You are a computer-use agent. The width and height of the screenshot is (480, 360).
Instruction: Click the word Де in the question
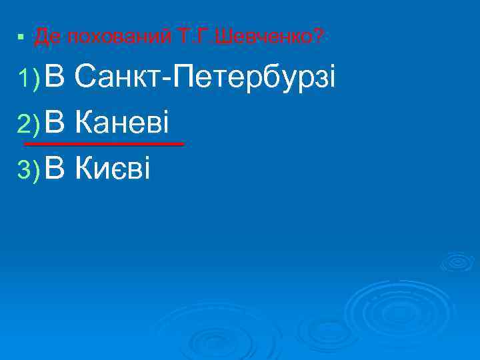click(x=46, y=37)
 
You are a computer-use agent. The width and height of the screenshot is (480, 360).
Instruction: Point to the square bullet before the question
click(x=22, y=37)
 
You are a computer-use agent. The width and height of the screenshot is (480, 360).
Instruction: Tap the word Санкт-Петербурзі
click(x=206, y=79)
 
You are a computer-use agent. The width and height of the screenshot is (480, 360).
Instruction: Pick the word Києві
click(x=113, y=169)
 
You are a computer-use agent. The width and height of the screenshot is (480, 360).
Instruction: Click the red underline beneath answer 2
click(x=103, y=144)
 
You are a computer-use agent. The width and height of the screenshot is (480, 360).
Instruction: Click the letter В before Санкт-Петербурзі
click(x=57, y=79)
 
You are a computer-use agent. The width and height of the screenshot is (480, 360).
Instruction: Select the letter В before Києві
click(x=57, y=169)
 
